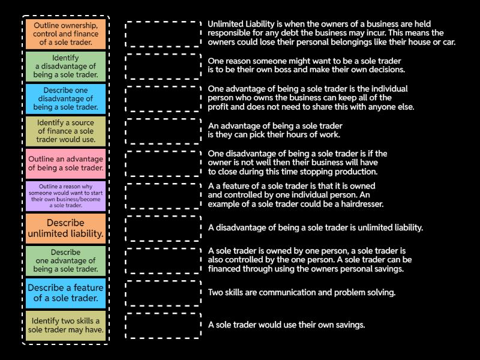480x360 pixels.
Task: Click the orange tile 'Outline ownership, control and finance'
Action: pos(66,34)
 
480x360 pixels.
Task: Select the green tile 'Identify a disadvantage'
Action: pos(66,67)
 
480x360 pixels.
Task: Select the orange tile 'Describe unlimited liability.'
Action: pos(66,229)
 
